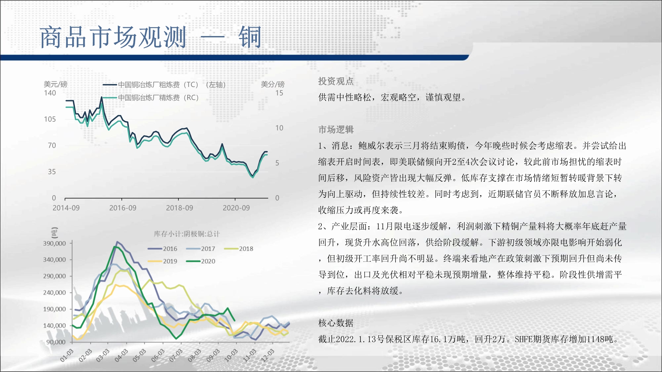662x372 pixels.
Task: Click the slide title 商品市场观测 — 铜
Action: tap(151, 37)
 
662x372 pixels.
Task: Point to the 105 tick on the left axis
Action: tap(50, 119)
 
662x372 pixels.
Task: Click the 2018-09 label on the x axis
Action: tap(179, 208)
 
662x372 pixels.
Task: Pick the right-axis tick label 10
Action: tap(279, 128)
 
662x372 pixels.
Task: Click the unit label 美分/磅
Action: tap(272, 84)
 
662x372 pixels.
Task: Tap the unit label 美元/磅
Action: tap(55, 84)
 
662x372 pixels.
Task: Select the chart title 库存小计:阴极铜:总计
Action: tap(187, 234)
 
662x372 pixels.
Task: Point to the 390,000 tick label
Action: tap(55, 243)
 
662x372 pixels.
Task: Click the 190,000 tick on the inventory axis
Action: tap(55, 309)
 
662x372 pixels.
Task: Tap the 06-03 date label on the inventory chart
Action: tap(158, 355)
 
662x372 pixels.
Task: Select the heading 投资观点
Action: tap(336, 81)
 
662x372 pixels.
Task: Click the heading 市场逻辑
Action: tap(336, 130)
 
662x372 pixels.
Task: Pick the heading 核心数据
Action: tap(336, 323)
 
